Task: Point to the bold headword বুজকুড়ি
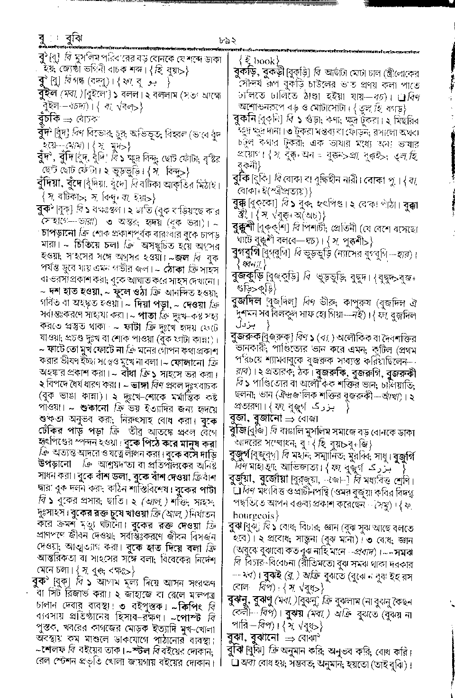click(x=248, y=275)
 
